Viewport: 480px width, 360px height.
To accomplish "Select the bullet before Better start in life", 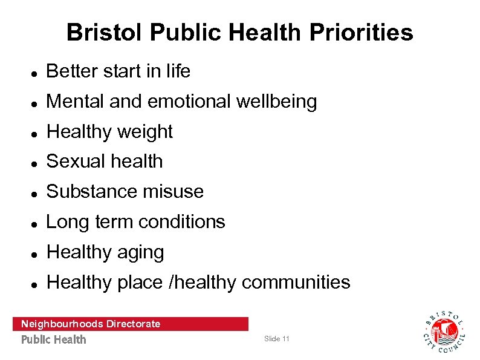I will (36, 73).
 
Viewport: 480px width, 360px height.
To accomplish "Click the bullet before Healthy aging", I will (36, 254).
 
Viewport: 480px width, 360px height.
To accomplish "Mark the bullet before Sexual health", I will (36, 163).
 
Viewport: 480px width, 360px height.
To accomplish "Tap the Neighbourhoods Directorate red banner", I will (130, 324).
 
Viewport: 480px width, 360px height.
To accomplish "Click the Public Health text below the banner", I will (54, 339).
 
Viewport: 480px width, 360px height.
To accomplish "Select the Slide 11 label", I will (277, 339).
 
